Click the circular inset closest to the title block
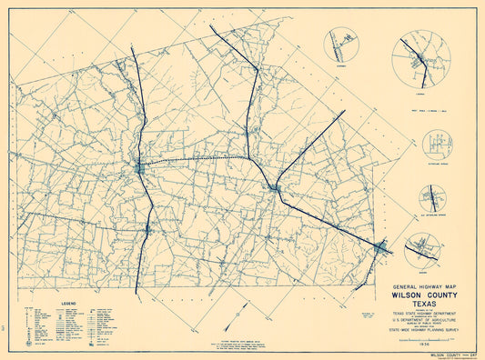pyautogui.click(x=421, y=247)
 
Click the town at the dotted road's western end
pyautogui.click(x=139, y=167)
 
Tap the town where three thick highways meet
pyautogui.click(x=274, y=188)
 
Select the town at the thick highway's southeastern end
pyautogui.click(x=382, y=246)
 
